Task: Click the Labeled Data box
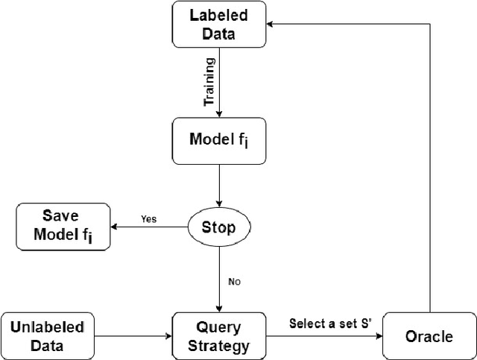coord(219,24)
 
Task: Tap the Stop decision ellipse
coord(220,227)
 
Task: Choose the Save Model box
coord(63,227)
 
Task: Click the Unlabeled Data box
coord(48,335)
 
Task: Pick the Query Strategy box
coord(219,335)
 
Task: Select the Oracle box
coord(428,336)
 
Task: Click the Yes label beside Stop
coord(149,219)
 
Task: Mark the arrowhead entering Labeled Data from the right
coord(274,24)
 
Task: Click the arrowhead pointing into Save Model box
coord(116,227)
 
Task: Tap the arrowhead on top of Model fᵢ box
coord(220,113)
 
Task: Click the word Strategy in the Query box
coord(219,345)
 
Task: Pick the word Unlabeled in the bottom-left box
coord(48,326)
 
